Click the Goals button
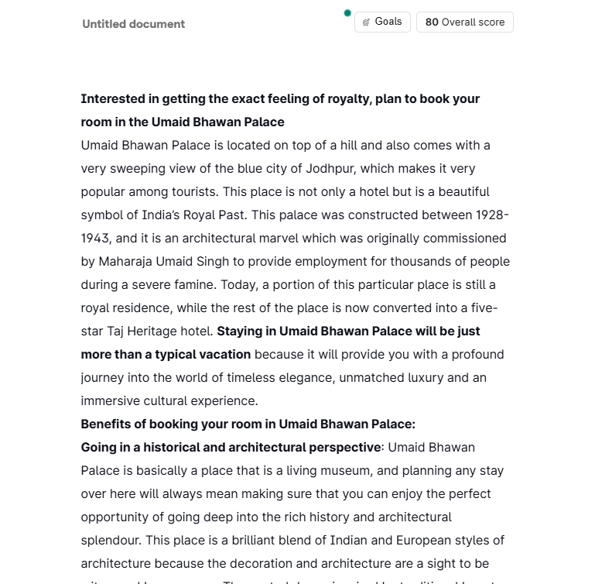click(382, 22)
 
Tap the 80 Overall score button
click(464, 22)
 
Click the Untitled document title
click(133, 24)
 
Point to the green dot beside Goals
click(347, 13)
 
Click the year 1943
click(97, 239)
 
